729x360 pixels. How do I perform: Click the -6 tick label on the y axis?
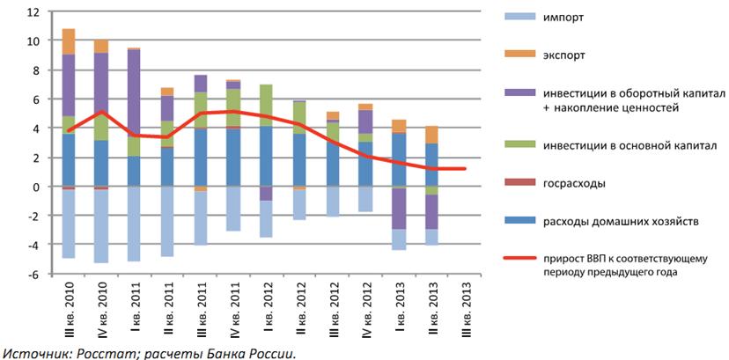click(x=34, y=274)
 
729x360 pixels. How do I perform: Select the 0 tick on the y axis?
click(x=38, y=187)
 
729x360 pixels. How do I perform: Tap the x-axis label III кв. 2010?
click(x=69, y=308)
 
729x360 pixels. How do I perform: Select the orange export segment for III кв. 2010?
click(x=69, y=41)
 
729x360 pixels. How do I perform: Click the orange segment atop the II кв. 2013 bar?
click(x=433, y=135)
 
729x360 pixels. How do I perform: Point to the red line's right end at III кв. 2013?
click(x=465, y=169)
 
